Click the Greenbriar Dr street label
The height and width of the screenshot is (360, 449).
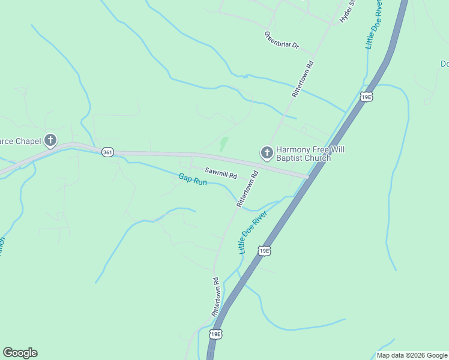pos(282,40)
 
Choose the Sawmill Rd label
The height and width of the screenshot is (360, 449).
pos(221,173)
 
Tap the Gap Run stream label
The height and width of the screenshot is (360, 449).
pos(193,179)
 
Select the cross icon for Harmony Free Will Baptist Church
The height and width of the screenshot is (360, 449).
pos(267,153)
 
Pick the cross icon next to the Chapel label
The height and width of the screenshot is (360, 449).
pos(50,141)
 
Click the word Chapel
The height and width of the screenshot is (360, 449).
pos(28,142)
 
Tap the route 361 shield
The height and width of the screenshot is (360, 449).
pos(107,152)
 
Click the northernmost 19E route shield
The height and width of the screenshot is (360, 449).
pos(366,97)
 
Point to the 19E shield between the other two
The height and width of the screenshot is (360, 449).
pos(264,250)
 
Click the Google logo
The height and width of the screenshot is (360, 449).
pos(20,353)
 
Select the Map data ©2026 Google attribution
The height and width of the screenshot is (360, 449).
pos(412,355)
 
